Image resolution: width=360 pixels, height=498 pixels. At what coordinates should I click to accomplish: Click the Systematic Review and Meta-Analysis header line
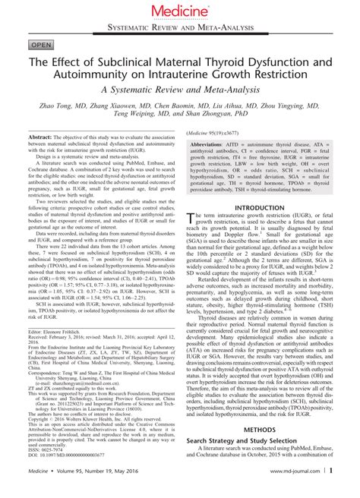pyautogui.click(x=179, y=27)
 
